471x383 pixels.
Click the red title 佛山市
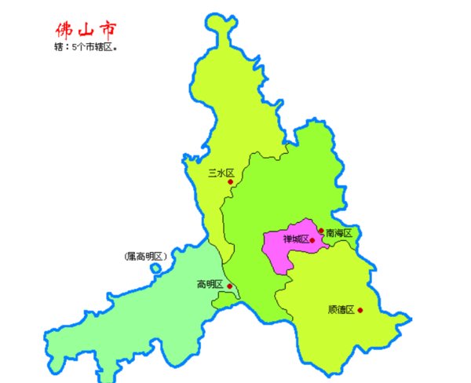click(x=87, y=29)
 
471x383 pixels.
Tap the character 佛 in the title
click(x=64, y=30)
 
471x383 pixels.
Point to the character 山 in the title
click(x=86, y=30)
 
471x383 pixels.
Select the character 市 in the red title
click(x=108, y=29)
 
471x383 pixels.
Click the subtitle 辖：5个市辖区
click(x=87, y=48)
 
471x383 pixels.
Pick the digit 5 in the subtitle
click(x=75, y=48)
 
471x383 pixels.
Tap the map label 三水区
click(x=215, y=173)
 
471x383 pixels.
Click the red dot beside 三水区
click(x=230, y=182)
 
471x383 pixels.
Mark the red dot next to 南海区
click(x=320, y=231)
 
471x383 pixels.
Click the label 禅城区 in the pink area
click(x=295, y=240)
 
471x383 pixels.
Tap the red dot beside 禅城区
click(x=312, y=240)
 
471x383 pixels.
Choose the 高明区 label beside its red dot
click(x=210, y=284)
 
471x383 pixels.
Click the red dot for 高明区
click(x=229, y=286)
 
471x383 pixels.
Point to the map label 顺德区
click(x=341, y=309)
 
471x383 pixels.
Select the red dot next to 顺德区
click(x=360, y=310)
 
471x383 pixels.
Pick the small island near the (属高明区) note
click(x=155, y=269)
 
